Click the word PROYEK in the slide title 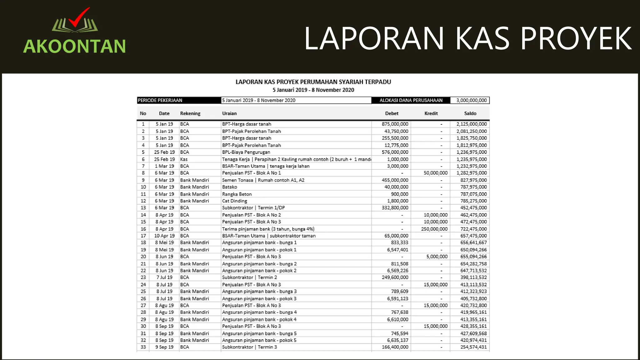(575, 38)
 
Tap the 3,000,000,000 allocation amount (471, 100)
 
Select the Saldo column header (470, 113)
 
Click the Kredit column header (431, 113)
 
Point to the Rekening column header (190, 113)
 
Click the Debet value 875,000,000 (395, 124)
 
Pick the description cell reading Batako (229, 187)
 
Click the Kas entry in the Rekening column (184, 159)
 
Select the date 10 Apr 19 (164, 236)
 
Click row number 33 (143, 347)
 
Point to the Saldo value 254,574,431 (473, 347)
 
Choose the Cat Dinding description (234, 201)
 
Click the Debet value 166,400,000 (395, 347)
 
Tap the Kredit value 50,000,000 (435, 173)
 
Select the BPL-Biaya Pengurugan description (246, 152)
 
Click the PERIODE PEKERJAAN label (160, 100)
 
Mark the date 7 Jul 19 (164, 277)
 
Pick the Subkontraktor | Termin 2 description (249, 277)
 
